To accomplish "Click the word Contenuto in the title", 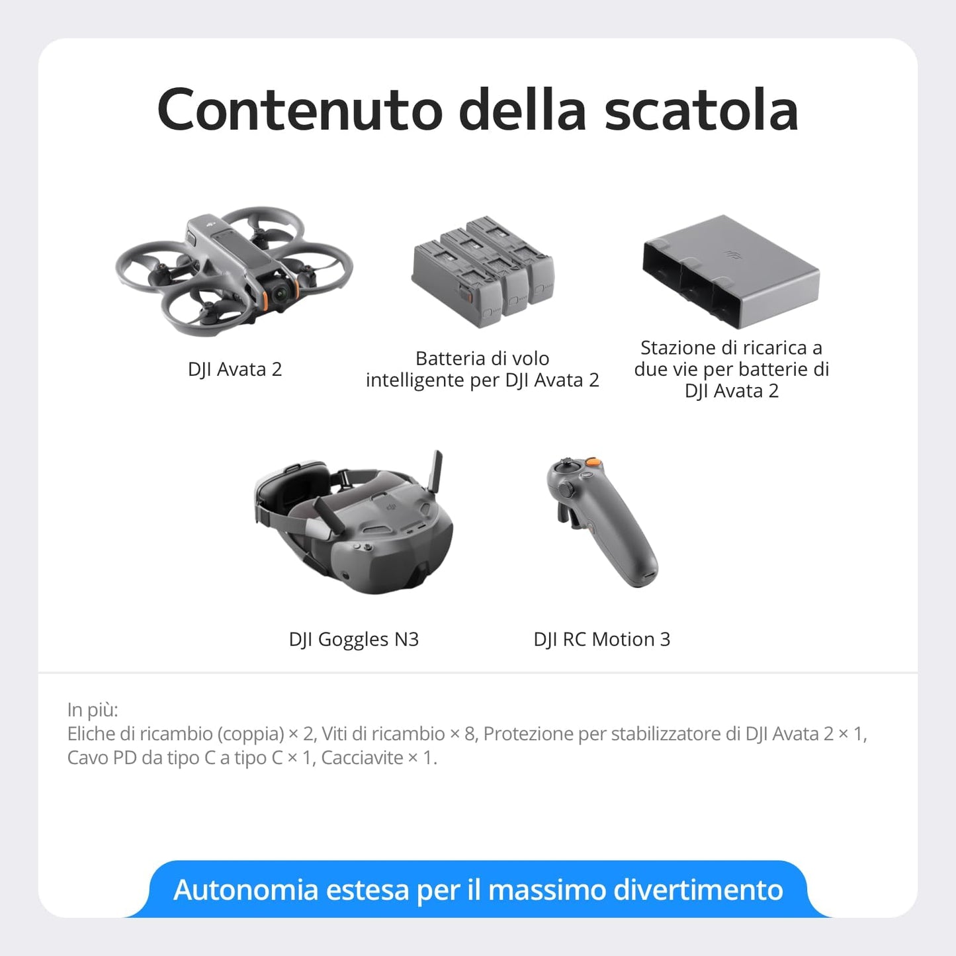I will click(x=300, y=110).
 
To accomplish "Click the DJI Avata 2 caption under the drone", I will click(x=235, y=369).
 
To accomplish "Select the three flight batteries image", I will click(x=484, y=271).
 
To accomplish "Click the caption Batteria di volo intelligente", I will click(x=482, y=369).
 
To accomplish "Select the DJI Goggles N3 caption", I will click(x=354, y=639).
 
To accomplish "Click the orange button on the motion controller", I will click(x=594, y=462).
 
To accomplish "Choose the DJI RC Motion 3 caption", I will click(x=601, y=639).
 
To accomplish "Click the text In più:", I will click(x=93, y=710).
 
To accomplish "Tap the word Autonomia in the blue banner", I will click(x=246, y=890).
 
